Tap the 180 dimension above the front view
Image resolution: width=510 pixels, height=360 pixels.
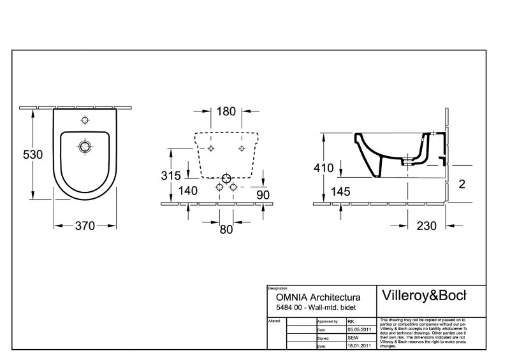pos(226,111)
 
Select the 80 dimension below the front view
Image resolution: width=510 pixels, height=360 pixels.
pos(226,230)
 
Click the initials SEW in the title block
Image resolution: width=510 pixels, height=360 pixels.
pos(352,338)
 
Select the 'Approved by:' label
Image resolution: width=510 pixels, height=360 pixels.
pos(328,322)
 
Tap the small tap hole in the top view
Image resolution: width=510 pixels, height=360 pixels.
pos(85,120)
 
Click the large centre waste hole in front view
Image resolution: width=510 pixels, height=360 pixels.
pos(226,178)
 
